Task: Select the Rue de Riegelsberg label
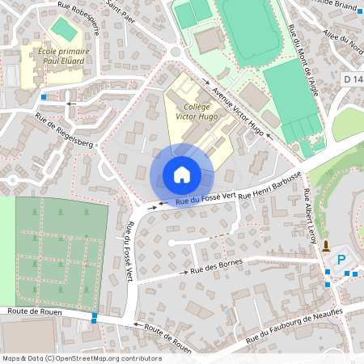pos(65,131)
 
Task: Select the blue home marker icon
pos(182,175)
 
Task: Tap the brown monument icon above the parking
pos(325,246)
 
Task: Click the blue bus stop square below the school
pos(43,98)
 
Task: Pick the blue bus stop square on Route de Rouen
pos(95,318)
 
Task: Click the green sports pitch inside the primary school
pos(61,28)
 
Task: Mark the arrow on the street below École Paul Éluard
pos(70,103)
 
